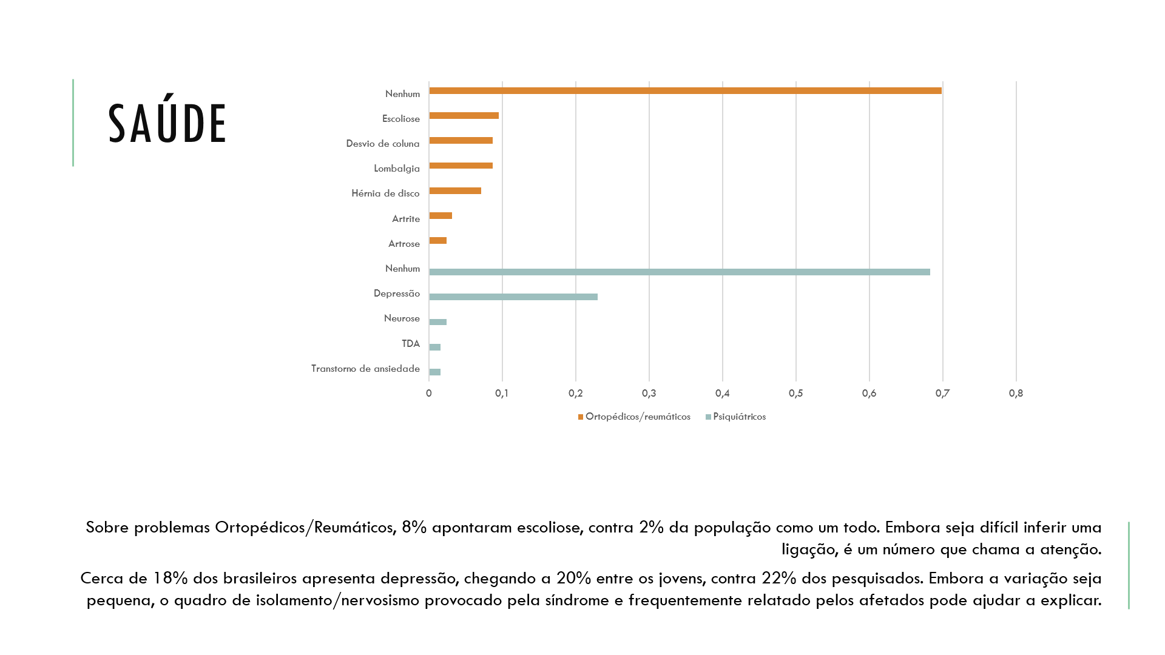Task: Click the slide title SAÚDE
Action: pyautogui.click(x=167, y=124)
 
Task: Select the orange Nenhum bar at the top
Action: pyautogui.click(x=685, y=91)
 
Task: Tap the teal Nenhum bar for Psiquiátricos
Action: pyautogui.click(x=680, y=272)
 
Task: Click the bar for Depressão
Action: pyautogui.click(x=513, y=297)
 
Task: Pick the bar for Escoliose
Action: pyautogui.click(x=464, y=116)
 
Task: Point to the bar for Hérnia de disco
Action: pyautogui.click(x=455, y=191)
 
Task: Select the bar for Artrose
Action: pyautogui.click(x=437, y=241)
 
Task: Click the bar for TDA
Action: pyautogui.click(x=434, y=348)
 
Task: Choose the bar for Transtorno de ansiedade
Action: pyautogui.click(x=434, y=372)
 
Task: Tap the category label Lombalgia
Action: pyautogui.click(x=397, y=169)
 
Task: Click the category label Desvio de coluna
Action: pyautogui.click(x=383, y=144)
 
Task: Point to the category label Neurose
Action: pyautogui.click(x=402, y=318)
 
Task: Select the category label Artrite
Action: pyautogui.click(x=406, y=219)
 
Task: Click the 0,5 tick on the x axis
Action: pyautogui.click(x=795, y=394)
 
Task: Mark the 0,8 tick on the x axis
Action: pyautogui.click(x=1016, y=394)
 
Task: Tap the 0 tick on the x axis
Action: pyautogui.click(x=429, y=394)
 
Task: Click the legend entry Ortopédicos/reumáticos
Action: pyautogui.click(x=634, y=417)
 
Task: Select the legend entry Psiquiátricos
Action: pyautogui.click(x=735, y=417)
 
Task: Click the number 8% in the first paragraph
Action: pyautogui.click(x=414, y=528)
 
